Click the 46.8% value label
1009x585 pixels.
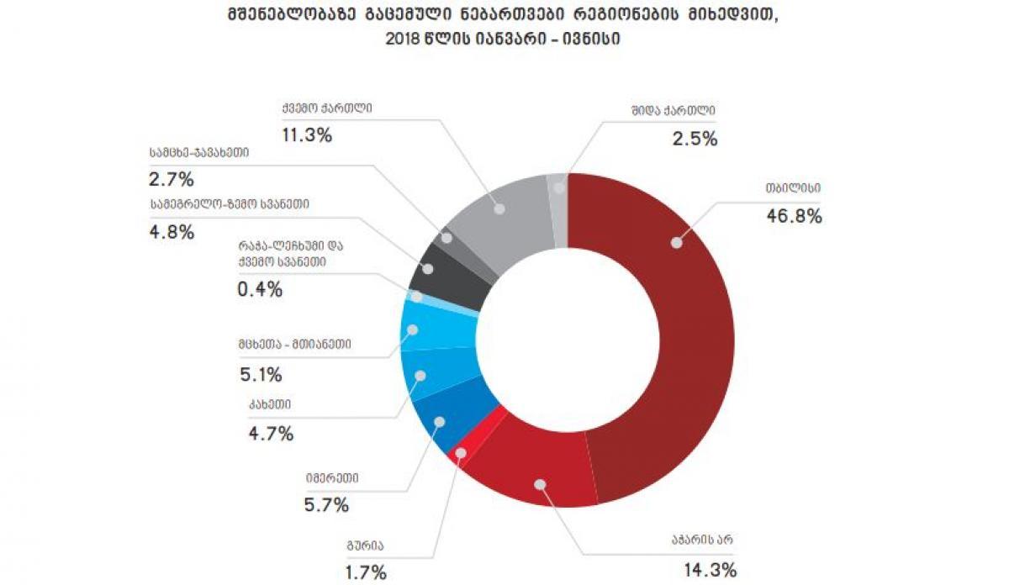pos(793,216)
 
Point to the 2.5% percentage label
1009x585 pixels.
pos(695,139)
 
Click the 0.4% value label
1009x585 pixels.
pos(258,290)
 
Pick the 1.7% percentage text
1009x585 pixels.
pos(366,573)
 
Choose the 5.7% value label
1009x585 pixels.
pos(325,505)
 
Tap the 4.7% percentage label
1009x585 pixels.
pos(270,434)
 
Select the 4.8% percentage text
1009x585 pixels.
pos(171,231)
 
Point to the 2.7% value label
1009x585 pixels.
pos(171,179)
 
